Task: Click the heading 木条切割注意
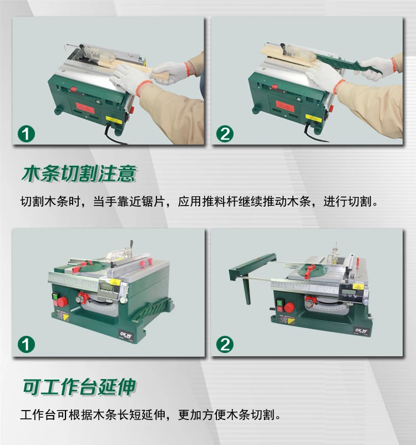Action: pos(79,173)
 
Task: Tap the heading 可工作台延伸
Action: pos(79,387)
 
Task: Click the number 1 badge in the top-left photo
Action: pos(26,134)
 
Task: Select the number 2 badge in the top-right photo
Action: pos(225,134)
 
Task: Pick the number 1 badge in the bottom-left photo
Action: pos(26,345)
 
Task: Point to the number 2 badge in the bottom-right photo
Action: pos(225,345)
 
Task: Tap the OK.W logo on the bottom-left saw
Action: pos(126,335)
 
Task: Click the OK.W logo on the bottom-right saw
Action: pos(361,331)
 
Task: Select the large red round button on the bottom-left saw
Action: pos(63,301)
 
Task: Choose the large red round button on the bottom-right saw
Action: pos(290,308)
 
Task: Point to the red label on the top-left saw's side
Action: pos(85,108)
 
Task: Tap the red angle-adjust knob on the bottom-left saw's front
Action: pos(83,298)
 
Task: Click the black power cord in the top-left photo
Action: pos(114,135)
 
